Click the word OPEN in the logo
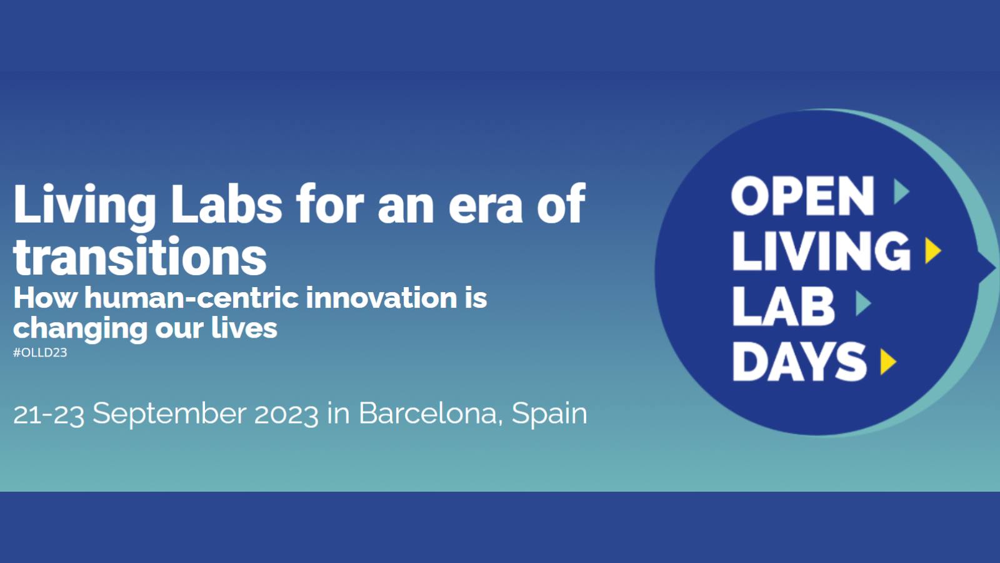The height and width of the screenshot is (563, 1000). [x=802, y=196]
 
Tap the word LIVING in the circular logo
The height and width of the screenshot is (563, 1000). [x=821, y=251]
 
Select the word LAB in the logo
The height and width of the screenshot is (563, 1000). [x=784, y=306]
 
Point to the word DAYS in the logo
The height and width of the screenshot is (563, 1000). [x=799, y=362]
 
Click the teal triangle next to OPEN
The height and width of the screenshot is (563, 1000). [x=901, y=192]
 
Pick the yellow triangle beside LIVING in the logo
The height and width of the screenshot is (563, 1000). [x=932, y=251]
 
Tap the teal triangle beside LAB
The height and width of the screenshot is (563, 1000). [x=862, y=303]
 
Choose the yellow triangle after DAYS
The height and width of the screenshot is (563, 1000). [x=887, y=362]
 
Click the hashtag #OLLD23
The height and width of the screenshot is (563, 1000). [x=40, y=353]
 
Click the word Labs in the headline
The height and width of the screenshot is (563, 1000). [x=226, y=204]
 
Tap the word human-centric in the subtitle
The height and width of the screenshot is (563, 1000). [x=192, y=298]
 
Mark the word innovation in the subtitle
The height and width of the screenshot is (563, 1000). [x=381, y=298]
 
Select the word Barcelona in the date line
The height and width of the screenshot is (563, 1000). [x=427, y=413]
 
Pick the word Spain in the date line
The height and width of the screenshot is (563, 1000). [x=549, y=415]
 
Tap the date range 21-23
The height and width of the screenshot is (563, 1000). [x=49, y=415]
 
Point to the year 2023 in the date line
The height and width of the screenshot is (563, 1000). [x=286, y=415]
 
